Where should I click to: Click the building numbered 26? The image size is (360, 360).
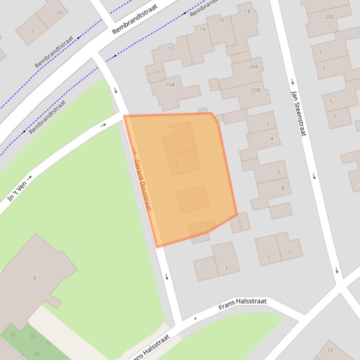point(59,13)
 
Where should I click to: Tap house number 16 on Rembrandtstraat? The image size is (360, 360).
point(220,20)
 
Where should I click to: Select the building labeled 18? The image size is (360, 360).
point(247,12)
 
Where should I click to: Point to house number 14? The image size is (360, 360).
point(202,30)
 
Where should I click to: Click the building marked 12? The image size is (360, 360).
point(170,49)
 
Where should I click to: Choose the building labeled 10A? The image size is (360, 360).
point(170,85)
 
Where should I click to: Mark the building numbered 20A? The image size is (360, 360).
point(253,67)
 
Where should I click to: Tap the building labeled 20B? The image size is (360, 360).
point(255,90)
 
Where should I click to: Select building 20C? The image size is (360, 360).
point(330,17)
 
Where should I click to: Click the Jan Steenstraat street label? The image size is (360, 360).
point(298,107)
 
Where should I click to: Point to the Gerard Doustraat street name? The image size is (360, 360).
point(142,185)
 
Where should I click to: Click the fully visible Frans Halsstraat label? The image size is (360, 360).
point(242,304)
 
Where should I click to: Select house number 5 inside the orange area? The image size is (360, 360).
point(186,200)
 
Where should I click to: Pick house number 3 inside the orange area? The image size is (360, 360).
point(176,163)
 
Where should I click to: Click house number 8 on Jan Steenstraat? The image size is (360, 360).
point(282,188)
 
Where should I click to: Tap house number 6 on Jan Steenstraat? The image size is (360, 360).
point(279,173)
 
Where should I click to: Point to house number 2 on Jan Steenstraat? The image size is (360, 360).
point(268,123)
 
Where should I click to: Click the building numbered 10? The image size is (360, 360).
point(330,350)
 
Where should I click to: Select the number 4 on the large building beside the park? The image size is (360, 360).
point(34,278)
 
